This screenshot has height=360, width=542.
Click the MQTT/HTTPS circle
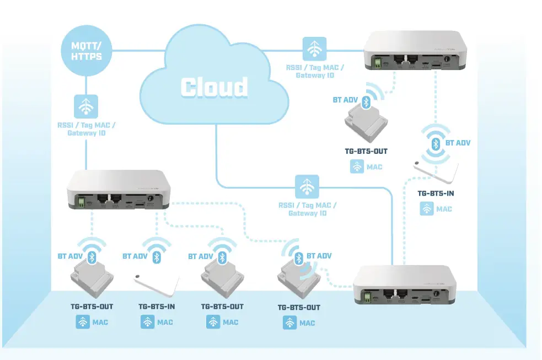tap(86, 50)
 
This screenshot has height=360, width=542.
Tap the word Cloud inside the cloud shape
tap(214, 87)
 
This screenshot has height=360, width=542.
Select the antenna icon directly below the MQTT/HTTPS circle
tap(86, 106)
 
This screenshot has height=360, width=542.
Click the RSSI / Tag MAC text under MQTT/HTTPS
tap(86, 125)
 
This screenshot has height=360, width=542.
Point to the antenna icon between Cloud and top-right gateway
tap(314, 49)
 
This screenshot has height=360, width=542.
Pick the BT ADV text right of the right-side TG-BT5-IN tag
tap(458, 143)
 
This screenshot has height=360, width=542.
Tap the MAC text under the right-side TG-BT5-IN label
tap(444, 209)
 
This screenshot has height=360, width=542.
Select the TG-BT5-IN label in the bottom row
tap(157, 307)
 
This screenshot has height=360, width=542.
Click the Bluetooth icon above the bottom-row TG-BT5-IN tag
tap(157, 257)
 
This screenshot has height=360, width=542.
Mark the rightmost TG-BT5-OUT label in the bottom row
tap(298, 308)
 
